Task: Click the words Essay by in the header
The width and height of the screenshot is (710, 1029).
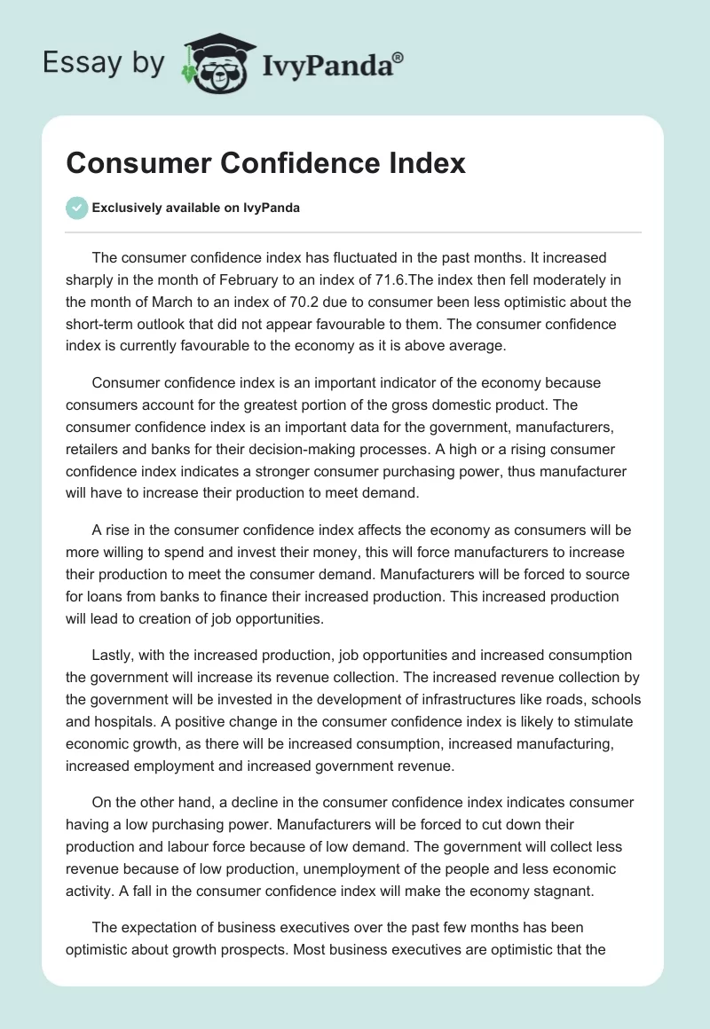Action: pyautogui.click(x=103, y=63)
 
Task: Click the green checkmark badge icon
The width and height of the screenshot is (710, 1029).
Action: pyautogui.click(x=77, y=208)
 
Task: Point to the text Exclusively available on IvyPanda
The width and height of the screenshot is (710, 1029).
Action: pyautogui.click(x=196, y=208)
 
